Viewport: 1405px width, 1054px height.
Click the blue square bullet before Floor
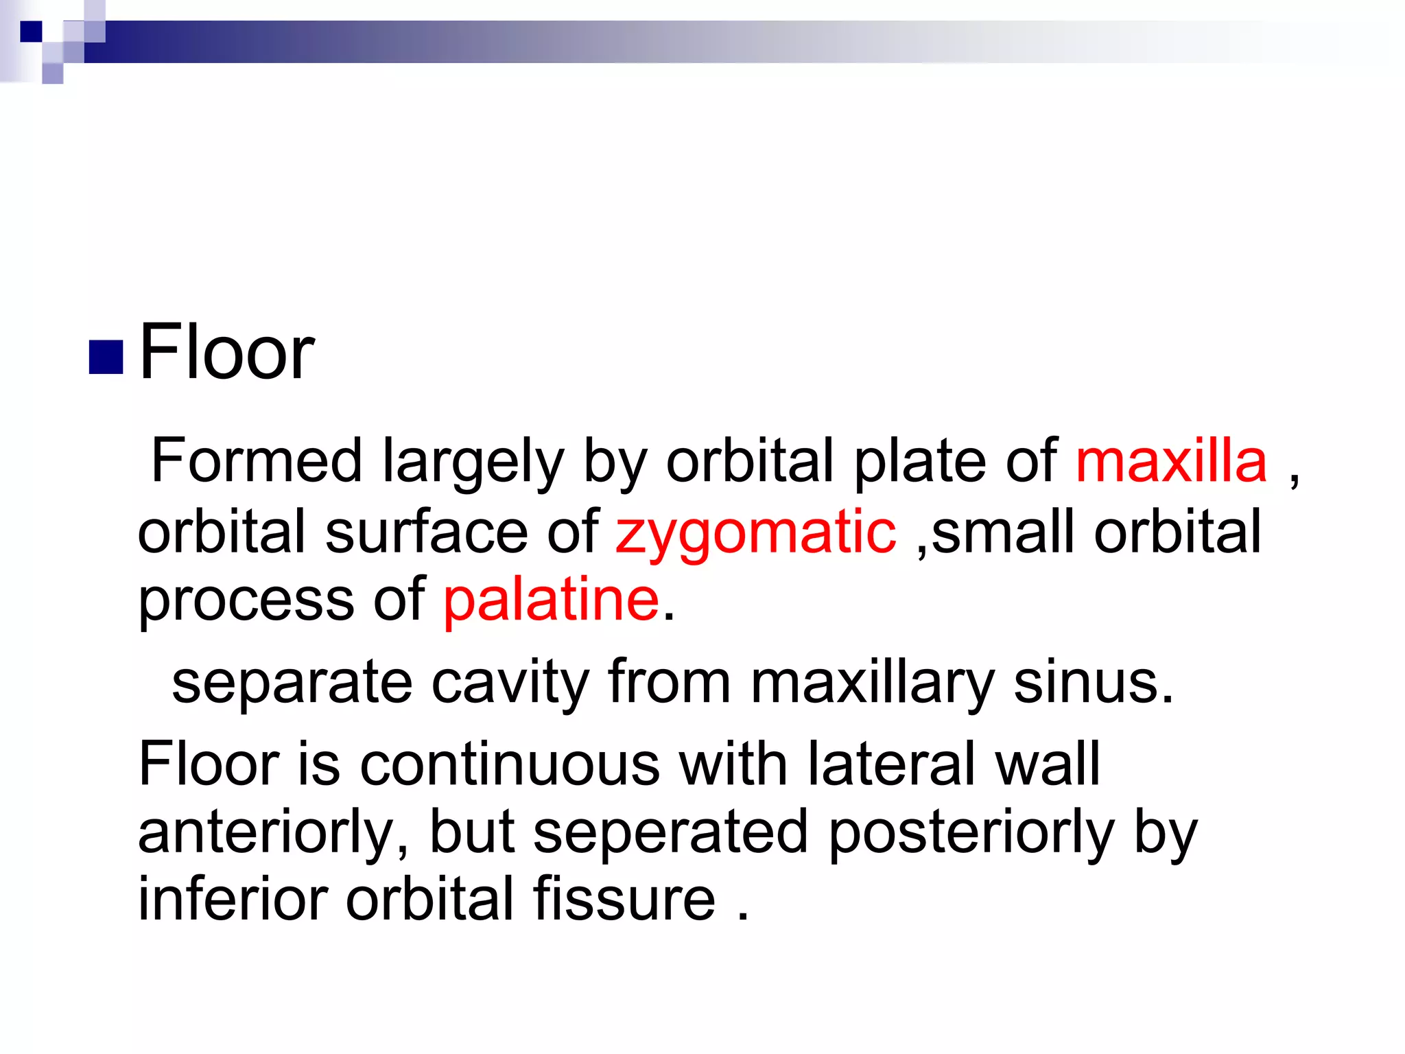tap(106, 357)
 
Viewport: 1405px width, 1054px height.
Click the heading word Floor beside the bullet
tap(226, 353)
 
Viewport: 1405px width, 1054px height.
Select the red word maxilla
tap(1171, 461)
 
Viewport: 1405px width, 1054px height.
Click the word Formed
tap(256, 461)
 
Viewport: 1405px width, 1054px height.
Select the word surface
tap(425, 532)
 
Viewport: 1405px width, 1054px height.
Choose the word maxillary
tap(872, 683)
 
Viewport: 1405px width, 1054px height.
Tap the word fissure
tap(624, 900)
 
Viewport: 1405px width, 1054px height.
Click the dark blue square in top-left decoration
tap(31, 32)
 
